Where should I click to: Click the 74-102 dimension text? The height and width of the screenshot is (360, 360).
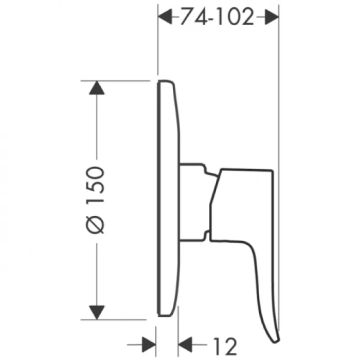click(x=217, y=18)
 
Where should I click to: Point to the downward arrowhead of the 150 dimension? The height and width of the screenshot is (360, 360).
click(x=97, y=312)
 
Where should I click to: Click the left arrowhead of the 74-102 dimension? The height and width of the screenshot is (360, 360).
click(x=165, y=17)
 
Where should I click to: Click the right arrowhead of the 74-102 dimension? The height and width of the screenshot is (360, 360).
click(x=271, y=17)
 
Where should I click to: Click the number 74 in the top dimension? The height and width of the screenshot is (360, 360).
click(x=189, y=18)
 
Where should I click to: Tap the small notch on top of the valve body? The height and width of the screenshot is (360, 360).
click(x=207, y=169)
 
